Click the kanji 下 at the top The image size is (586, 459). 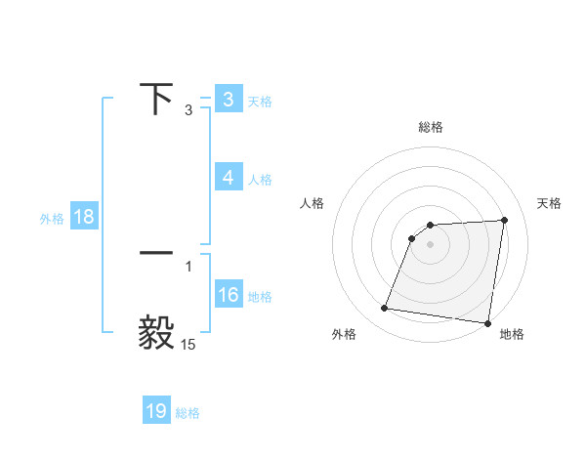click(156, 99)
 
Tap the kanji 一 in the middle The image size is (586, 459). click(156, 252)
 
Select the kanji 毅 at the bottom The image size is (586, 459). click(156, 332)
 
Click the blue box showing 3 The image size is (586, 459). click(228, 100)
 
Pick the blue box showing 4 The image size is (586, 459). click(228, 178)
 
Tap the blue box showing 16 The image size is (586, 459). click(228, 295)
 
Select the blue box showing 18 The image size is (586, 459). click(84, 217)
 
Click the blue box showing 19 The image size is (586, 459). click(156, 411)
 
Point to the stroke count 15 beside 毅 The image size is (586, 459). click(188, 344)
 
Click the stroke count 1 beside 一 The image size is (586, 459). click(188, 266)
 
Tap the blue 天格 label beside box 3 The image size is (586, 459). click(260, 101)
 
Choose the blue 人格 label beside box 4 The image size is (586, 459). click(260, 180)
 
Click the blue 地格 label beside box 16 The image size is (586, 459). click(260, 297)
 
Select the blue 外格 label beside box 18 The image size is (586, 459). click(52, 219)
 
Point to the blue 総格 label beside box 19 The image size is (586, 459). click(188, 413)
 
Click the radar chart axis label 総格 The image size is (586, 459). click(431, 128)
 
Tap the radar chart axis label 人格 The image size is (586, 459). click(313, 203)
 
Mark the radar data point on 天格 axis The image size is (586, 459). click(505, 220)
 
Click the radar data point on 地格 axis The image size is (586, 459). click(487, 323)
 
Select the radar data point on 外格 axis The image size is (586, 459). click(385, 309)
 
